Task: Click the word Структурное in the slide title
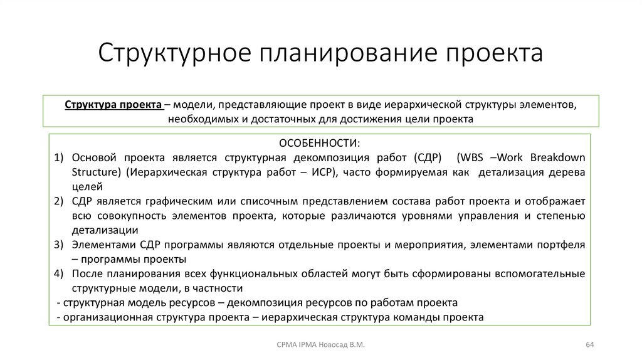[174, 53]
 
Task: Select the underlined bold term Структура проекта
[113, 105]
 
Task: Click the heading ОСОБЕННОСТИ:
[320, 143]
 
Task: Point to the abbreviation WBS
[470, 157]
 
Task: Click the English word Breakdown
[557, 157]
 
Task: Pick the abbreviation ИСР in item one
[321, 172]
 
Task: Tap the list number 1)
[59, 157]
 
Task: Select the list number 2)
[59, 201]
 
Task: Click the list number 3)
[59, 245]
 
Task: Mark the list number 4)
[59, 273]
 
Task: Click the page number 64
[589, 344]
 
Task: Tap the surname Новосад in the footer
[334, 344]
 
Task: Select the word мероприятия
[429, 245]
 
